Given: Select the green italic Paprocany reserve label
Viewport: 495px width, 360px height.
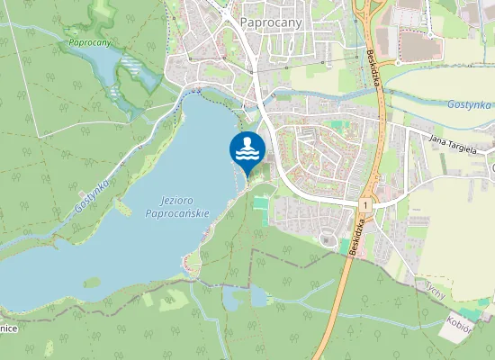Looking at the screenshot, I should click(90, 42).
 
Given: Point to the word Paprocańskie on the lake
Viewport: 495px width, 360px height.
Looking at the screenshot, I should click(176, 213).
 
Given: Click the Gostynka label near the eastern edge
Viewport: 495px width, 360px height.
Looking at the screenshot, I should click(470, 104).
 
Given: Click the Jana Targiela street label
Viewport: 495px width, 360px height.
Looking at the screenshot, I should click(452, 143).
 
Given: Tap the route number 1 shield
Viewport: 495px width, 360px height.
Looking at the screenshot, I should click(366, 206).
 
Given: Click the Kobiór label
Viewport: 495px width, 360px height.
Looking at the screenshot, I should click(460, 322).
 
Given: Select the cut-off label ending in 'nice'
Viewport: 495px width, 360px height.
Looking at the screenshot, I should click(9, 329).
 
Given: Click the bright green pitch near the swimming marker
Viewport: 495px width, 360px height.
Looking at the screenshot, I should click(261, 204).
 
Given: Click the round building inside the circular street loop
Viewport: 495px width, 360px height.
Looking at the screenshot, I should click(325, 237).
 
